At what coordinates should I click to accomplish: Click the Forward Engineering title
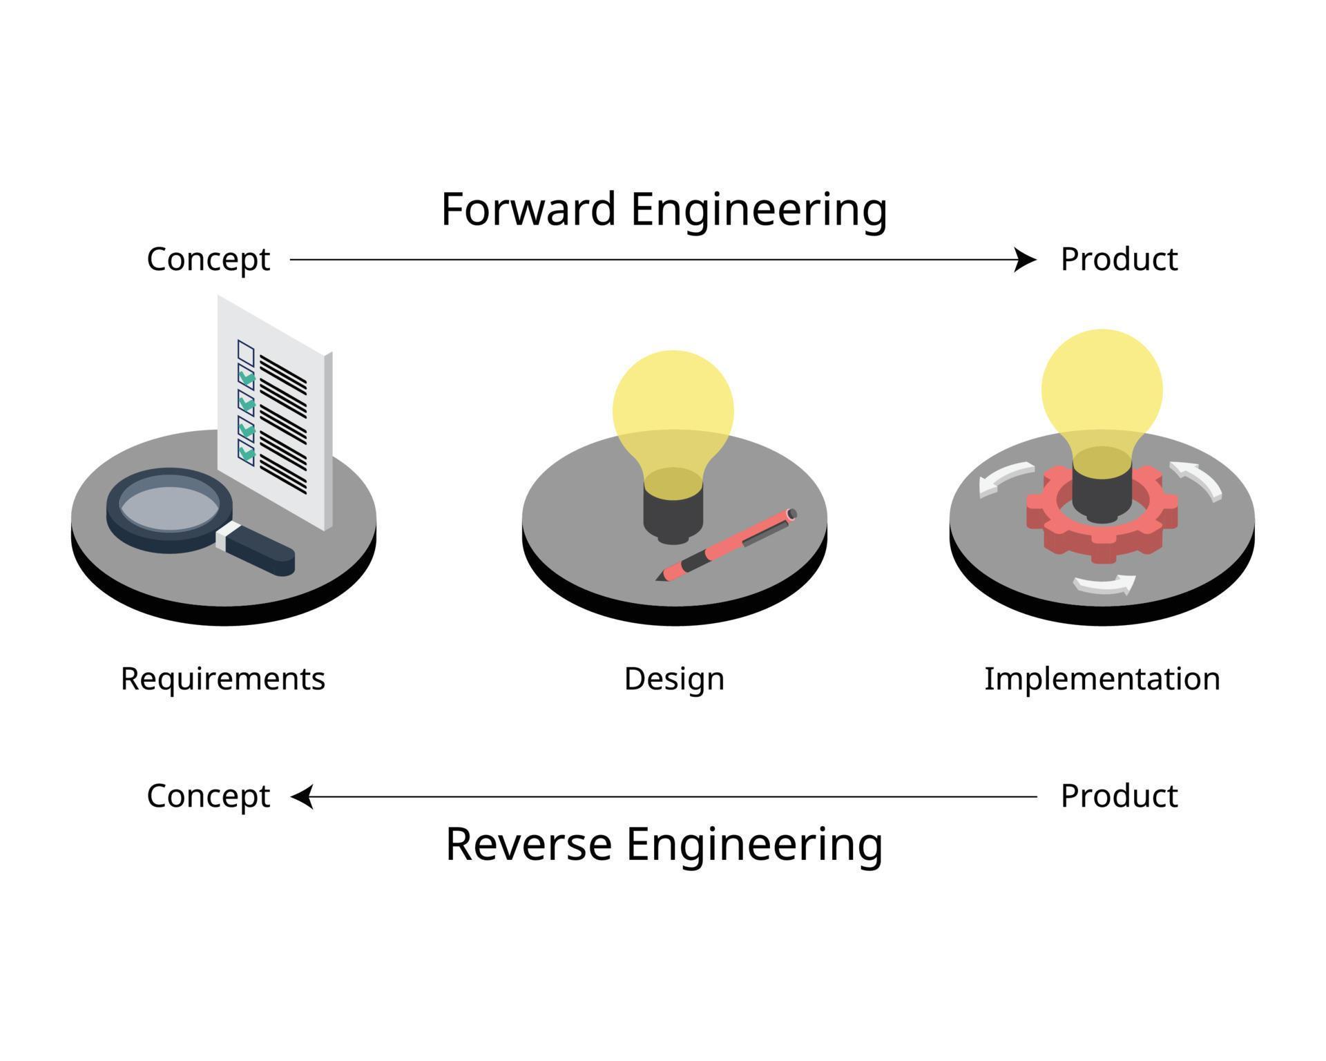click(x=664, y=209)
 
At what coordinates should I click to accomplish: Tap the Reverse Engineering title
click(x=664, y=844)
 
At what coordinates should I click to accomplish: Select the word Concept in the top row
click(x=208, y=260)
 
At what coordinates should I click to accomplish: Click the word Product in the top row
click(x=1119, y=260)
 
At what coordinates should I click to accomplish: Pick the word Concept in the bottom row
click(x=208, y=796)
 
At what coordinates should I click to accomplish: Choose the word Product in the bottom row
click(x=1119, y=796)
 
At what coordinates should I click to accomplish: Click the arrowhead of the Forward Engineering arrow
click(x=1027, y=260)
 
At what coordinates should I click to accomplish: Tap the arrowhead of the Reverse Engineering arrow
click(x=301, y=796)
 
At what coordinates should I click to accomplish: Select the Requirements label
click(x=222, y=678)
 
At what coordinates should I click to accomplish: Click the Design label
click(x=674, y=678)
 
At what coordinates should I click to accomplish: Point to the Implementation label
click(x=1102, y=678)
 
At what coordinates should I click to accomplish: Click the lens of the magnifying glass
click(x=170, y=508)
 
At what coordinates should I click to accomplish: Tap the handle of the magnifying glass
click(x=260, y=551)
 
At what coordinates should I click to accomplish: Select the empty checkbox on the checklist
click(x=246, y=353)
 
